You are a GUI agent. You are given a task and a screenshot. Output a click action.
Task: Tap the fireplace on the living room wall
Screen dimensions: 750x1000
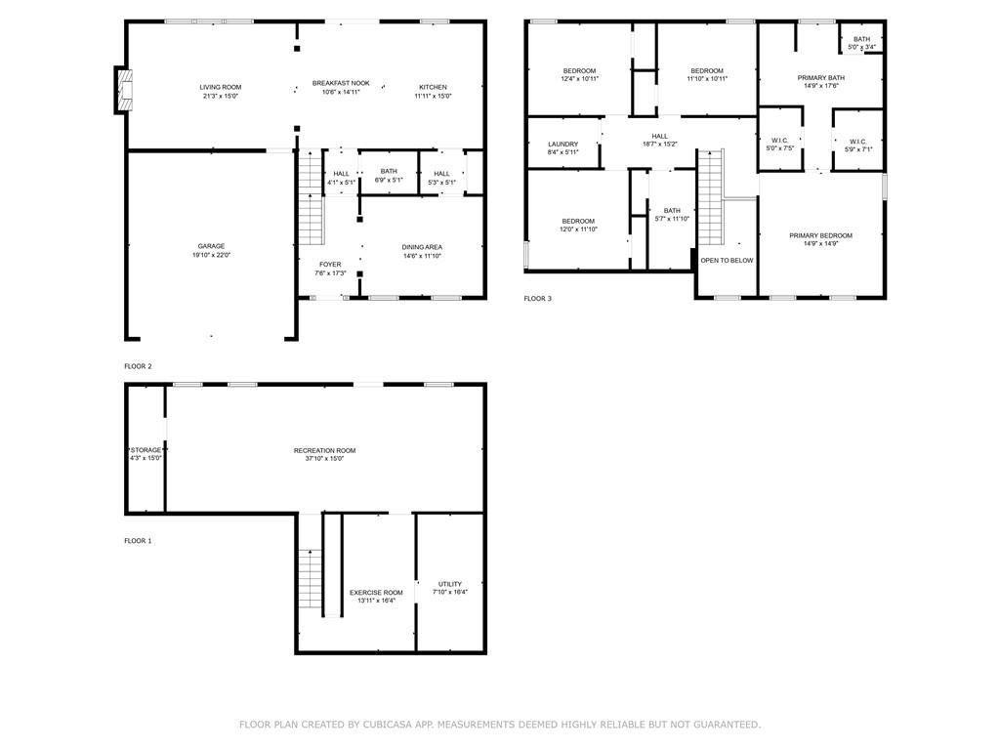click(121, 90)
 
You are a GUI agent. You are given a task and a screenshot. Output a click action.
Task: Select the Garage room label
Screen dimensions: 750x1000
click(211, 246)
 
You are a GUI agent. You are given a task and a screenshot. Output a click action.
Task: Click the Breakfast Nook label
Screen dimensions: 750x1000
click(341, 83)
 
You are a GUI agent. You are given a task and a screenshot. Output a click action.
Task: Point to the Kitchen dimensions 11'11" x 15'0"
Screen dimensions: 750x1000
click(433, 96)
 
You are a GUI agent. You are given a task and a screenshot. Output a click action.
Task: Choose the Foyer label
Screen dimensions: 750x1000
click(330, 264)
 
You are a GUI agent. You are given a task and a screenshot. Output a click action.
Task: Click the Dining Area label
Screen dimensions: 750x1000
click(422, 247)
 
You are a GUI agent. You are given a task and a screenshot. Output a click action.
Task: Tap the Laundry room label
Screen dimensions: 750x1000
click(562, 144)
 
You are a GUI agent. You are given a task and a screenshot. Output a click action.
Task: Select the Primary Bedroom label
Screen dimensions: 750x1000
click(820, 235)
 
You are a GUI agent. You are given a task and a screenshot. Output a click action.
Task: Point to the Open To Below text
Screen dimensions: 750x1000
click(727, 261)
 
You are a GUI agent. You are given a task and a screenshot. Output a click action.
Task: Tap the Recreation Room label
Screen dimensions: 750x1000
click(324, 450)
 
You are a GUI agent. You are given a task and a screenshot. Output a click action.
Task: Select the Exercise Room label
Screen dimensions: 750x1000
click(376, 593)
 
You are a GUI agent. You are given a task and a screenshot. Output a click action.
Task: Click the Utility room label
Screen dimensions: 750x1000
click(449, 584)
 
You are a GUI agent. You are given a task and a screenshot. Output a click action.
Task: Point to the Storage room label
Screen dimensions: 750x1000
click(146, 450)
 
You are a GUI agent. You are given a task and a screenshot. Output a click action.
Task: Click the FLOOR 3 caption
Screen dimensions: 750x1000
click(537, 299)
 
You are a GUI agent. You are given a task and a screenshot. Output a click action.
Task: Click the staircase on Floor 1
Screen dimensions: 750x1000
click(311, 579)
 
